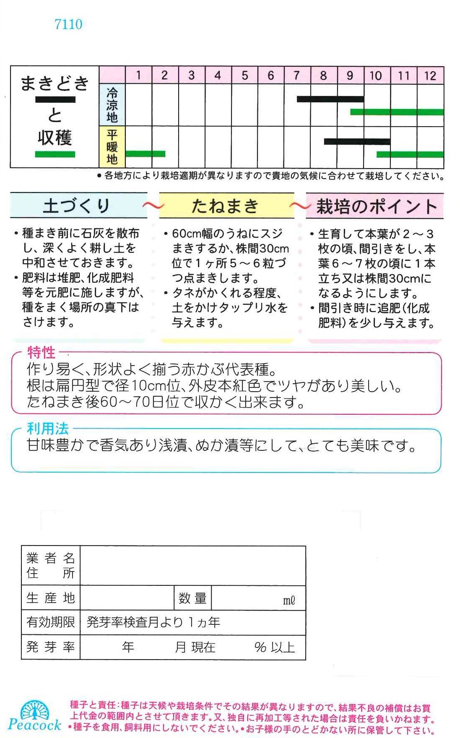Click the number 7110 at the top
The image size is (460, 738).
68,24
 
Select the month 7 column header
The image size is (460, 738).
297,75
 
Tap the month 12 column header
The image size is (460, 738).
430,75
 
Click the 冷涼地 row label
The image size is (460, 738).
112,105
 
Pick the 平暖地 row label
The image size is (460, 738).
112,147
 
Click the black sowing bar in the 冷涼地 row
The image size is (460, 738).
330,99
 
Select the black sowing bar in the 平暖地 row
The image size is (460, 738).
357,142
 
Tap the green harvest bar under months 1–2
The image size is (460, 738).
145,154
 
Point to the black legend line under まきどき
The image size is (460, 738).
55,100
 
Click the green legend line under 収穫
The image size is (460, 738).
55,154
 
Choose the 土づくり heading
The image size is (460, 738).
76,206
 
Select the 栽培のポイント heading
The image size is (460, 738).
377,207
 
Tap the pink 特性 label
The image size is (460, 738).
41,352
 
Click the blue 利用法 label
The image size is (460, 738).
47,429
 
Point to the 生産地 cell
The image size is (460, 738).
51,598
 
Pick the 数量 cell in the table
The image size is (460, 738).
192,598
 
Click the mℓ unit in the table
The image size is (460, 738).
289,600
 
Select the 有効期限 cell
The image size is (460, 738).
51,622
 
